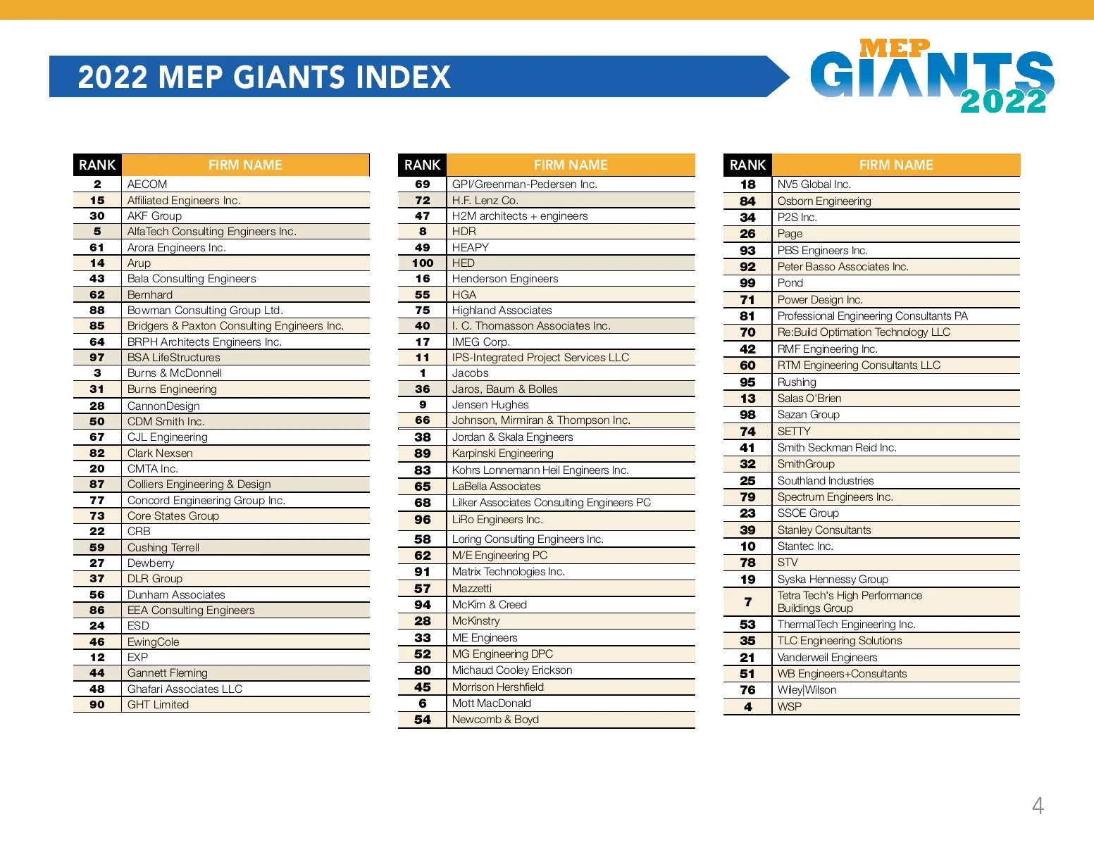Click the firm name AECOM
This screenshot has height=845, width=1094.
(x=147, y=184)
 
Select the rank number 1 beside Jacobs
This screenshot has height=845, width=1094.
(x=423, y=373)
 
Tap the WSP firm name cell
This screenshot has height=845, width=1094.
(x=790, y=706)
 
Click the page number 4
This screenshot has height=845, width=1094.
(x=1038, y=806)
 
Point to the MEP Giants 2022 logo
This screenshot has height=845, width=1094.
(x=931, y=76)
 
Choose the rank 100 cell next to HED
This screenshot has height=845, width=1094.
(x=423, y=263)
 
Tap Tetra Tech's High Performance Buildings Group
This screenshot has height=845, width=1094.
(x=849, y=602)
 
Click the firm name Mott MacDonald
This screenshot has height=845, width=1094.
(x=492, y=703)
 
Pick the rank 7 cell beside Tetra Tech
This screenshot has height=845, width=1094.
(x=748, y=602)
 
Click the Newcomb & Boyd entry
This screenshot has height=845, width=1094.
(x=495, y=720)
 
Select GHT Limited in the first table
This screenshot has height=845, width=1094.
(x=158, y=705)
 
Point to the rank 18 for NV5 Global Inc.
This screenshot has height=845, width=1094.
(x=748, y=184)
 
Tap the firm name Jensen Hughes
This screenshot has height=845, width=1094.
(x=490, y=405)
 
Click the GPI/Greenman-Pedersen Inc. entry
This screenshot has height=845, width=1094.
(x=524, y=184)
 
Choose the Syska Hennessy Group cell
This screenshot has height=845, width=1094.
(x=833, y=580)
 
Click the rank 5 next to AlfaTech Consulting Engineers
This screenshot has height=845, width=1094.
(x=97, y=232)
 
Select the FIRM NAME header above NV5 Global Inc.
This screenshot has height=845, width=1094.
(x=896, y=165)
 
